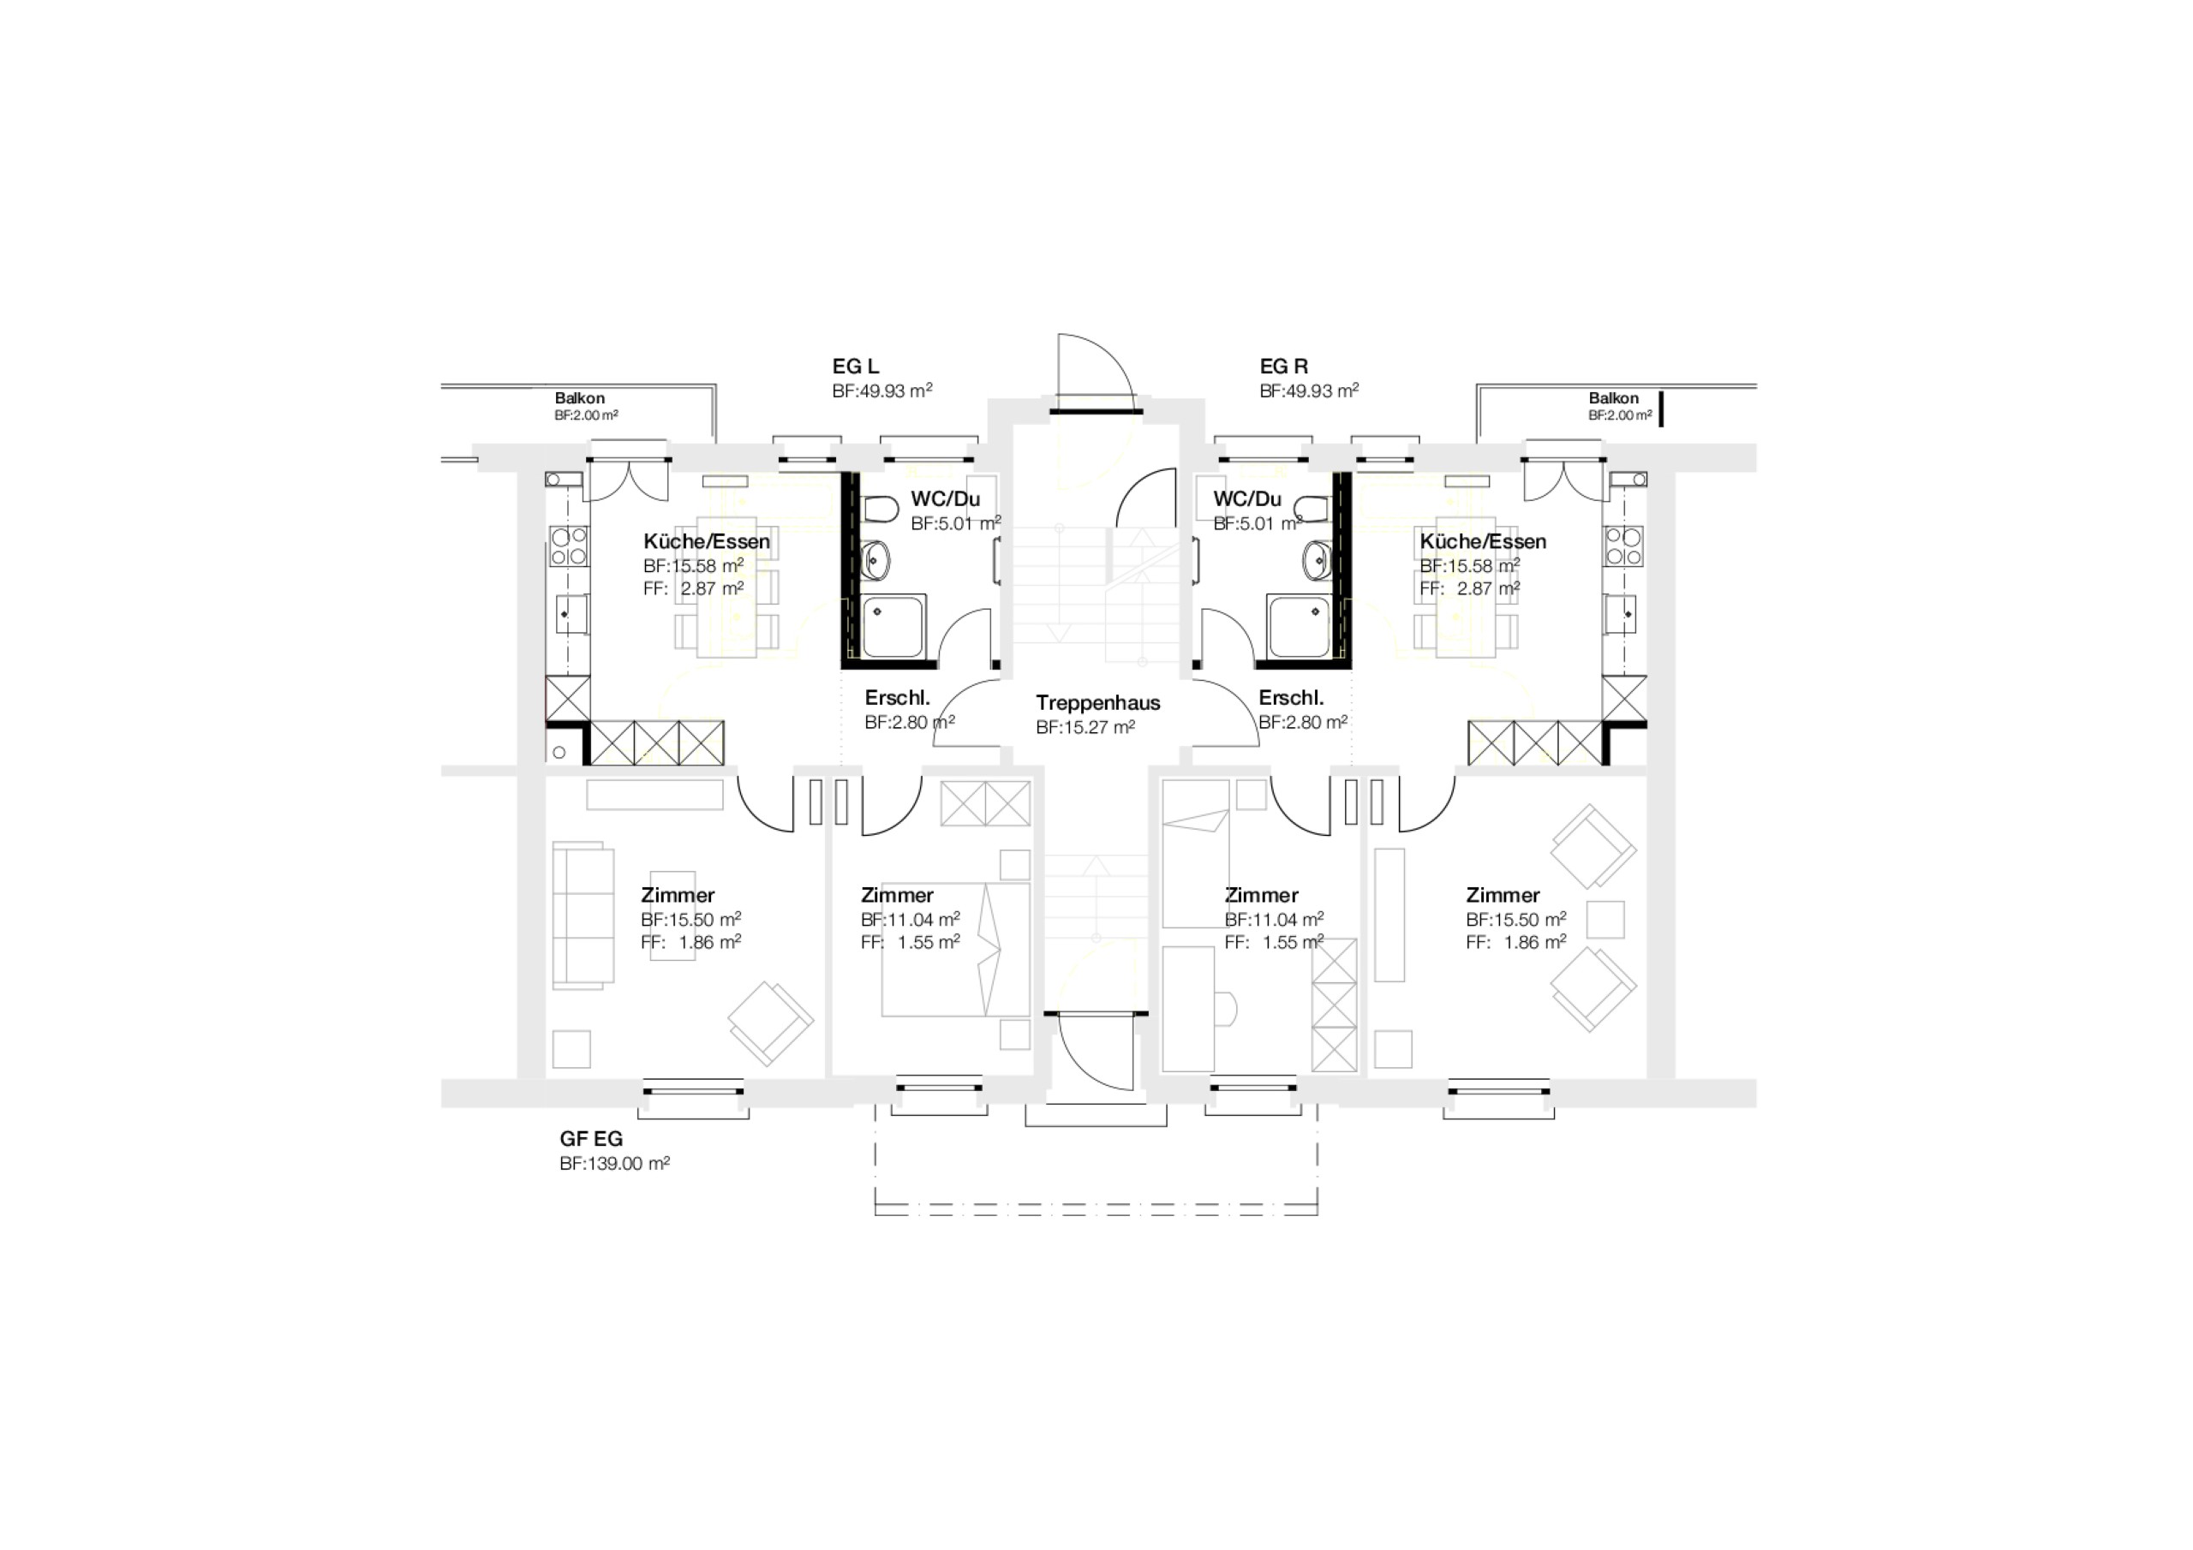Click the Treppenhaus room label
pos(1097,703)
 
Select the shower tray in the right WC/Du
pos(1298,625)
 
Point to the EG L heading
pos(856,367)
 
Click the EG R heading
pos(1284,367)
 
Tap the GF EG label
pos(591,1139)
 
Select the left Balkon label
pos(580,398)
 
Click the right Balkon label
pos(1613,398)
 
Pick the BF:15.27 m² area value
pos(1085,727)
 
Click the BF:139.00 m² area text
pos(614,1163)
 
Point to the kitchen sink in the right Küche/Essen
pos(1622,613)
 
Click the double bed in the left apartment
pos(955,950)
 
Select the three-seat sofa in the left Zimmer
pos(583,915)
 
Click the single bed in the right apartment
pos(1196,854)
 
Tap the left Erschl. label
pos(898,698)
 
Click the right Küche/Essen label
pos(1482,541)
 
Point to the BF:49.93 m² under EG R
pos(1310,390)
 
